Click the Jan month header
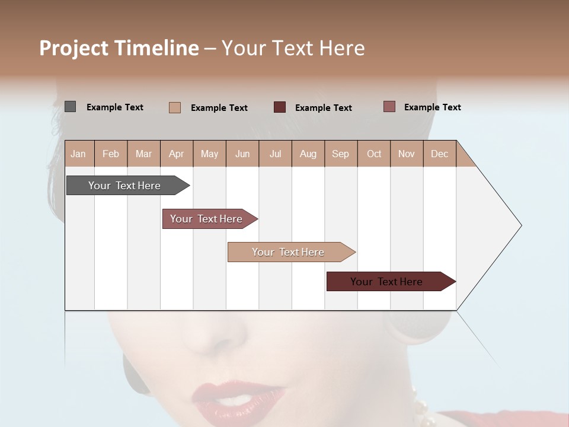pos(79,154)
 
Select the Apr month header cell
pos(177,154)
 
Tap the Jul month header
pos(275,154)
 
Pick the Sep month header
pos(340,154)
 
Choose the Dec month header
pos(439,154)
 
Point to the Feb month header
pos(111,154)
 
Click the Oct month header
pos(374,154)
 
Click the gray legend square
pos(70,107)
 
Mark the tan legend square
pos(175,107)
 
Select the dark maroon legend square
pos(280,107)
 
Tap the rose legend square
pos(389,107)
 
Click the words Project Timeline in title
pos(119,48)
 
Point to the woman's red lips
pos(237,394)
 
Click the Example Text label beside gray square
pos(115,107)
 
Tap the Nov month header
pos(407,154)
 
